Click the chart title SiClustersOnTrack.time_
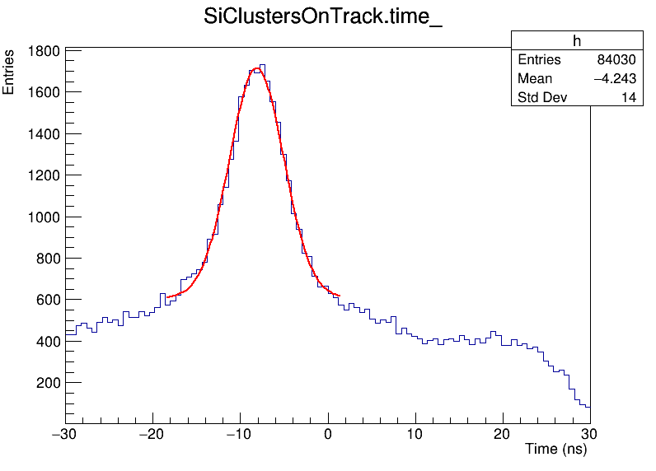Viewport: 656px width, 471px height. point(323,18)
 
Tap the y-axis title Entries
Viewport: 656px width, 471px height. point(9,72)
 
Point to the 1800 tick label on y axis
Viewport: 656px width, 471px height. point(42,51)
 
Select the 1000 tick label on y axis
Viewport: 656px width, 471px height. point(42,217)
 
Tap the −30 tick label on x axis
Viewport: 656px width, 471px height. point(63,434)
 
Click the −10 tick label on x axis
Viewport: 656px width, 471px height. point(238,434)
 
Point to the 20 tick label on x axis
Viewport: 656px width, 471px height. point(503,434)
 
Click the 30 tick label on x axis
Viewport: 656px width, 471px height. point(590,434)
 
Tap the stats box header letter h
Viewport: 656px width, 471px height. point(577,42)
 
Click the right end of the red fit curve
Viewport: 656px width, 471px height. point(340,296)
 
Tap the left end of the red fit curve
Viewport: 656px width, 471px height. point(167,296)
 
